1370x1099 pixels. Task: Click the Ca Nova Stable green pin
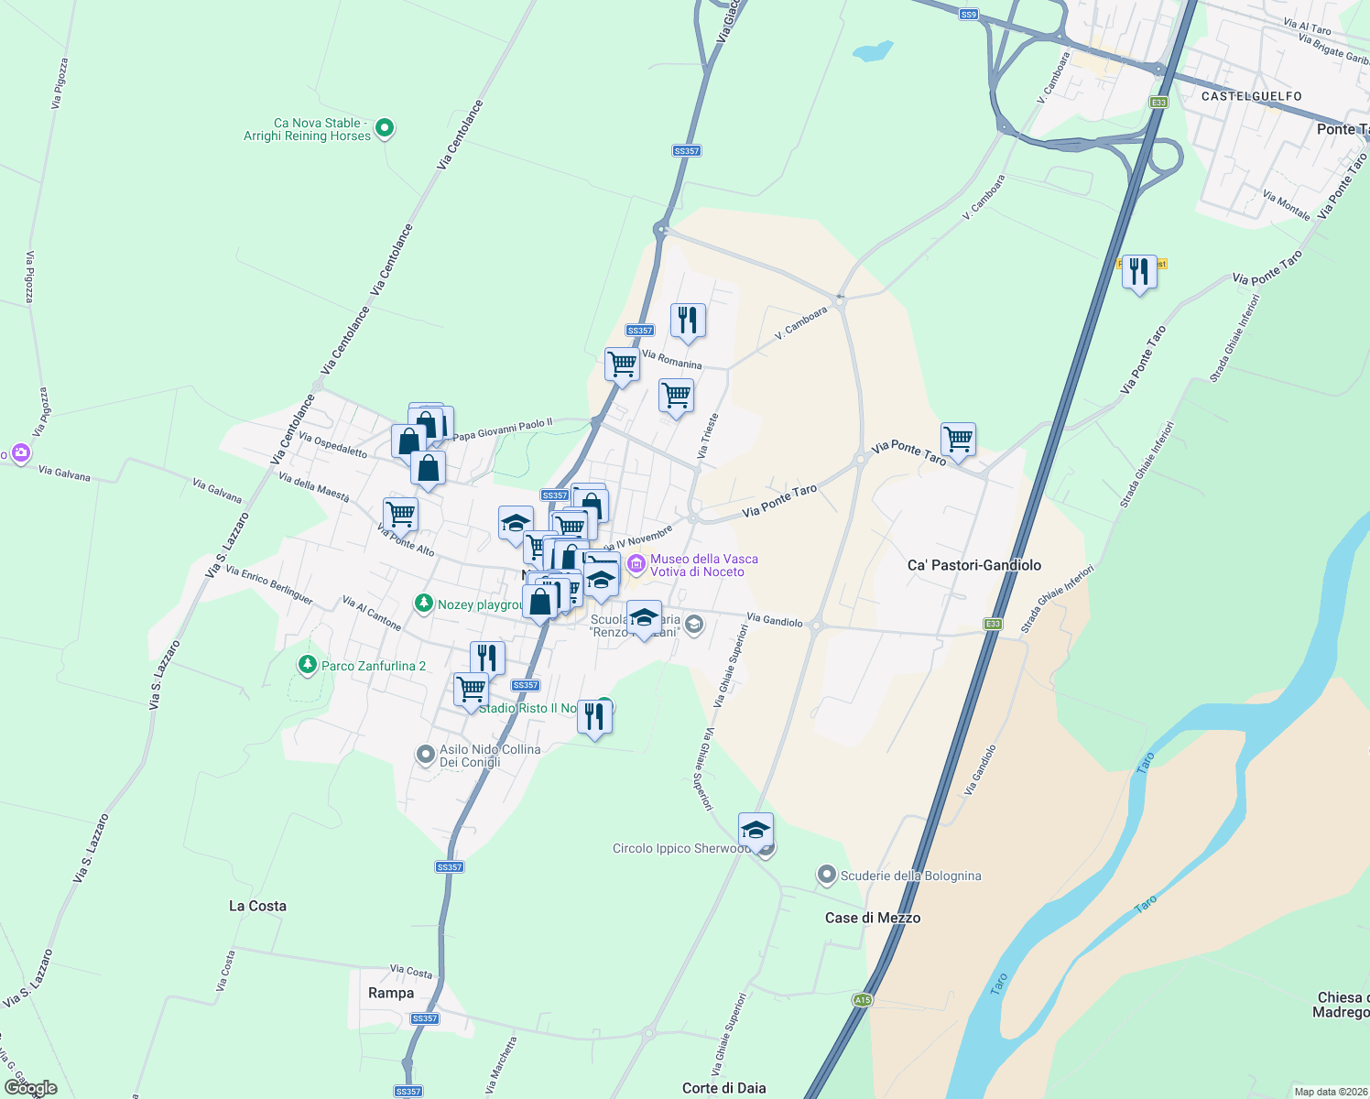click(x=385, y=128)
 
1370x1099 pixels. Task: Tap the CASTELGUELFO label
click(x=1251, y=96)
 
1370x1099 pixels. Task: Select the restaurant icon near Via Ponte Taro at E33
click(x=1138, y=272)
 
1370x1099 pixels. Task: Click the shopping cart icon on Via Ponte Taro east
click(x=958, y=441)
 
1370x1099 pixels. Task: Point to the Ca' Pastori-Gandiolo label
click(x=973, y=565)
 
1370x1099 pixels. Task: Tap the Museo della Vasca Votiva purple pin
click(x=636, y=566)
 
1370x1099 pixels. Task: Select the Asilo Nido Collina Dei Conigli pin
click(x=425, y=755)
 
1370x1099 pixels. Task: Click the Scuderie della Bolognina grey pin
click(x=826, y=876)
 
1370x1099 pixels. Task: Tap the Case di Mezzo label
click(x=872, y=918)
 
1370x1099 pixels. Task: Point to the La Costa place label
click(x=257, y=906)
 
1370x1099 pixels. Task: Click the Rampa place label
click(x=391, y=993)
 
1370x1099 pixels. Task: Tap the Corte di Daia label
click(x=723, y=1088)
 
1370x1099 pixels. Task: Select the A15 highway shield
click(x=862, y=1000)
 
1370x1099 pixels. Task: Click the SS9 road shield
click(x=969, y=15)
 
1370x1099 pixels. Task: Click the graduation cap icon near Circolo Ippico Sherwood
click(x=756, y=831)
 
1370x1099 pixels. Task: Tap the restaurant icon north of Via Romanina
click(x=687, y=321)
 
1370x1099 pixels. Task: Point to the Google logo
click(x=31, y=1088)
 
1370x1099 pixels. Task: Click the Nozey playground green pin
click(x=423, y=603)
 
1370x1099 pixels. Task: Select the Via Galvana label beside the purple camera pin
click(x=64, y=473)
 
